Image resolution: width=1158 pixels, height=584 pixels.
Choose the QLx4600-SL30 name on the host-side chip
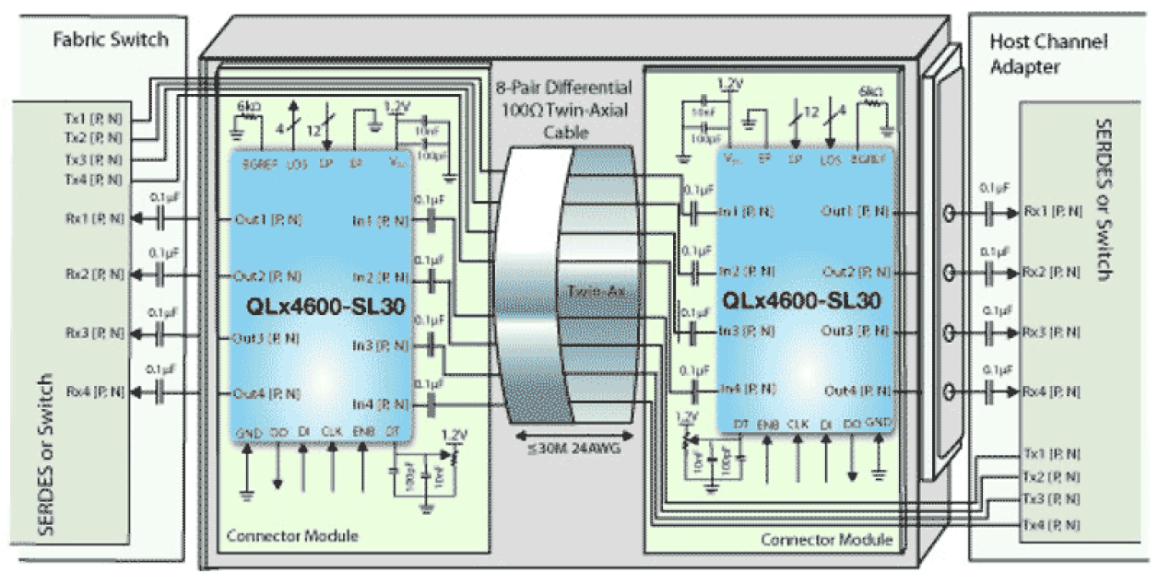(x=802, y=299)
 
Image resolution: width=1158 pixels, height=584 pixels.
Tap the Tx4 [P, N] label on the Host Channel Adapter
(x=1050, y=524)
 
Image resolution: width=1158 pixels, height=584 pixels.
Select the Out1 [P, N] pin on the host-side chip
(x=857, y=211)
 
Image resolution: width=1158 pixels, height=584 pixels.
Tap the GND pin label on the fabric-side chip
(x=248, y=432)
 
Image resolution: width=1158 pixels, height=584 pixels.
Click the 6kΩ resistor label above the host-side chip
(x=870, y=92)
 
